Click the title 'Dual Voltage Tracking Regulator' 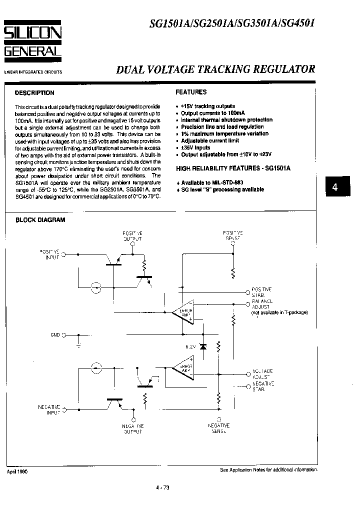point(215,70)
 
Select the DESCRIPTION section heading point(34,93)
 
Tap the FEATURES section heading point(191,92)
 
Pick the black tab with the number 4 point(335,187)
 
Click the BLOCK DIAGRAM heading point(40,220)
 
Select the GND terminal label point(55,335)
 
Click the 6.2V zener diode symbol point(202,346)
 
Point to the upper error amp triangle point(181,312)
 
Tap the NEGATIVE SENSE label point(218,428)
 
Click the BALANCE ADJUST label point(262,304)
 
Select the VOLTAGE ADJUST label point(262,374)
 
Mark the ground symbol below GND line point(78,344)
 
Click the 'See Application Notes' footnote point(268,470)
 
